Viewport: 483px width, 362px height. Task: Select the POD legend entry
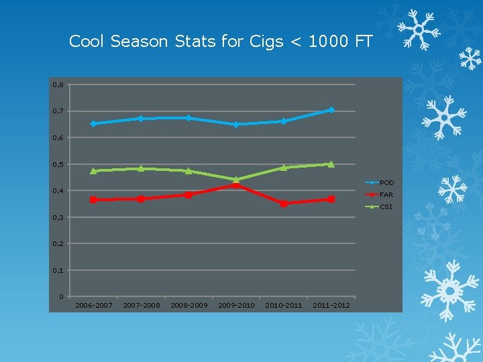tap(386, 182)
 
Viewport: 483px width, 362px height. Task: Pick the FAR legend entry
tap(386, 194)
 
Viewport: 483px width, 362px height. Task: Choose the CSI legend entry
tap(386, 206)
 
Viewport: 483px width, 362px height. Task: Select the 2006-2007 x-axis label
tap(93, 306)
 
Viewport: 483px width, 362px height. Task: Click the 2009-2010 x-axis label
tap(236, 306)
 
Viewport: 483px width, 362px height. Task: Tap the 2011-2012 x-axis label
tap(331, 306)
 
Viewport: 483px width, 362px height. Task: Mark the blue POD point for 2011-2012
tap(331, 110)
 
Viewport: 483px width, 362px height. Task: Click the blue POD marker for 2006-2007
tap(93, 123)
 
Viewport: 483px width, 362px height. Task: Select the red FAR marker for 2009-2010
tap(236, 185)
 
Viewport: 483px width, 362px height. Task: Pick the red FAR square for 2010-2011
tap(284, 204)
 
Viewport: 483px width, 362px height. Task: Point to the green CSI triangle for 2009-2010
tap(236, 179)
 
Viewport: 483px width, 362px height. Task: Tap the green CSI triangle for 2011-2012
tap(331, 164)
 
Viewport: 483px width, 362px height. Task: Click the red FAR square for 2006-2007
tap(93, 200)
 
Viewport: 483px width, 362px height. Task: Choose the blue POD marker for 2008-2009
tap(189, 118)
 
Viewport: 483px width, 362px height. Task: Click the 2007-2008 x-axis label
tap(141, 306)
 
